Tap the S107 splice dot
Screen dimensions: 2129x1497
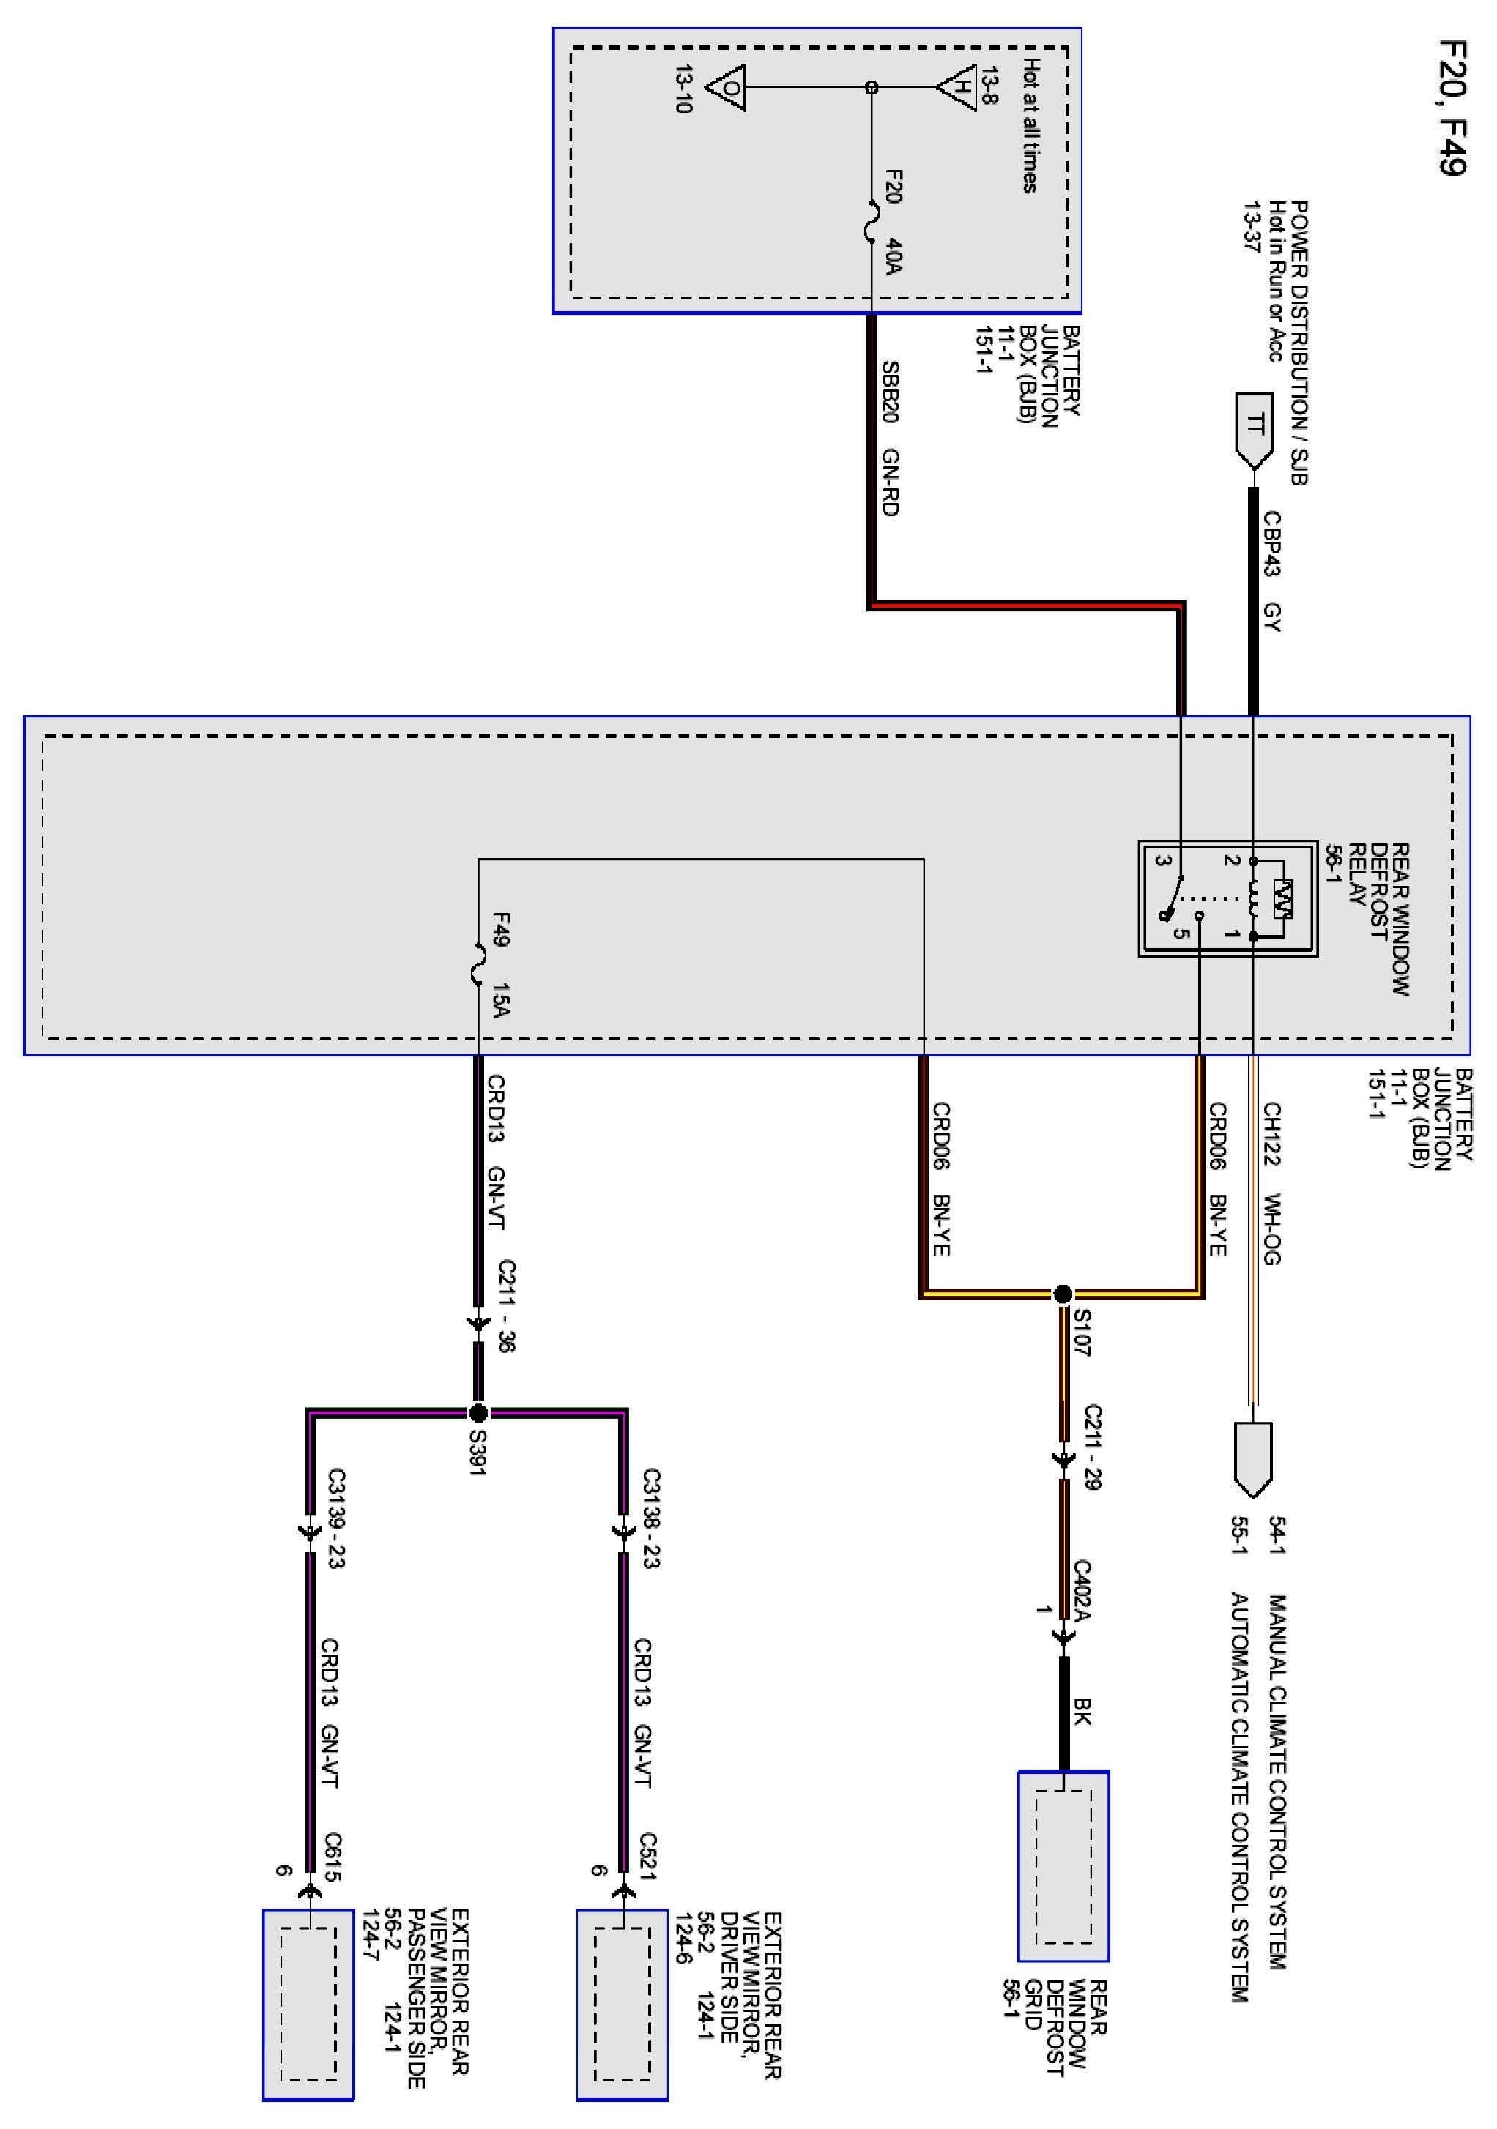[x=1063, y=1294]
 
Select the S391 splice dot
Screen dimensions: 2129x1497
[x=478, y=1413]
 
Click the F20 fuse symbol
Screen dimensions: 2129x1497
[x=871, y=223]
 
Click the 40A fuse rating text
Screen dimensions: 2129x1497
[x=894, y=256]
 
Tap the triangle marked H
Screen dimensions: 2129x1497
[x=958, y=87]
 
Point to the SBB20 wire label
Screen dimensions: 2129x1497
[x=891, y=392]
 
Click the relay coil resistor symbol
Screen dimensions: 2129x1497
[x=1282, y=898]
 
